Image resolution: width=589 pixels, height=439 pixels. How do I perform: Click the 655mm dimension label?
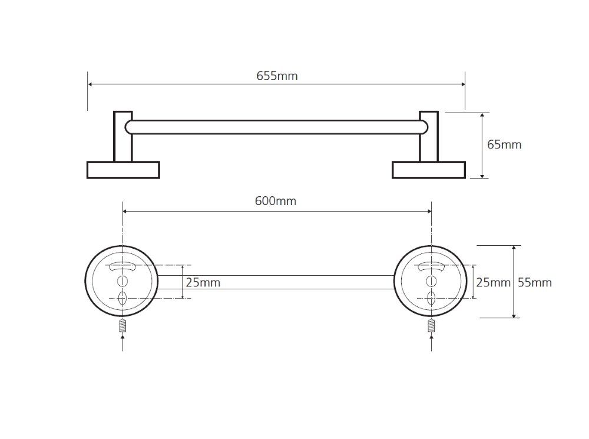point(277,76)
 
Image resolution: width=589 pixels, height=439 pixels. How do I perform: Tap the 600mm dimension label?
point(276,202)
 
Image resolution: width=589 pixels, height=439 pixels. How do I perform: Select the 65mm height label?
point(504,145)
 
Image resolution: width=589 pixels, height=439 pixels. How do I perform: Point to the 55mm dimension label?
point(535,283)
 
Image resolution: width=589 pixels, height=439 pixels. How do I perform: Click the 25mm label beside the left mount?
point(203,283)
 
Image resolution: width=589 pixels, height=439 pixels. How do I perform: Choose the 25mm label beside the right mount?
point(493,283)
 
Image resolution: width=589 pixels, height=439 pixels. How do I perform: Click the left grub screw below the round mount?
point(123,325)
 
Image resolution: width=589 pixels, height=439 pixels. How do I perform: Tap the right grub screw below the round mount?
point(431,325)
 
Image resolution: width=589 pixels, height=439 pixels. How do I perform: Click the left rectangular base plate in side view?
point(123,170)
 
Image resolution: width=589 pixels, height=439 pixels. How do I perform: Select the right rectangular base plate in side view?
point(429,170)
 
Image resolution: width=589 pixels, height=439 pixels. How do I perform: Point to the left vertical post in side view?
point(123,137)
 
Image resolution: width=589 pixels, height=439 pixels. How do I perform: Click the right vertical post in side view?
point(429,137)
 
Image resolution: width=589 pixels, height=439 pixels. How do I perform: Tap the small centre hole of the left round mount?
point(123,281)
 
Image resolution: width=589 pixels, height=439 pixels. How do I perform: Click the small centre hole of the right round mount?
point(431,281)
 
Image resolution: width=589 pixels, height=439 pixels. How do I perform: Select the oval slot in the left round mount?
point(123,298)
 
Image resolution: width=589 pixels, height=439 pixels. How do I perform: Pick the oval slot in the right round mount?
point(431,298)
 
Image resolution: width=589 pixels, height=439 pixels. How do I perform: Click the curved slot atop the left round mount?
point(123,266)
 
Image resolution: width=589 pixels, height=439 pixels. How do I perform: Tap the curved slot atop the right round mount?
point(431,266)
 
